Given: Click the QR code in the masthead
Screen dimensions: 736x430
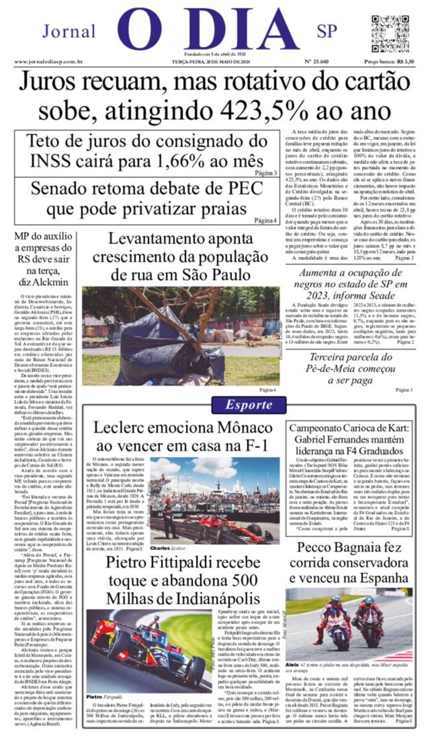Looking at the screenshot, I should [390, 34].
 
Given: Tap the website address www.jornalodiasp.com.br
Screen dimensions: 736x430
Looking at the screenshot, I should [48, 62].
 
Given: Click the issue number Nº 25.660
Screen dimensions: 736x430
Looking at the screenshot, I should [317, 62].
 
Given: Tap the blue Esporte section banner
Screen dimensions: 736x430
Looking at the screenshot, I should [249, 405].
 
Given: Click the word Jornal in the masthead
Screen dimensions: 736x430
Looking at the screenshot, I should [69, 31].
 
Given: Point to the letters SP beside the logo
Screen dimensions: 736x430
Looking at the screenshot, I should [327, 31].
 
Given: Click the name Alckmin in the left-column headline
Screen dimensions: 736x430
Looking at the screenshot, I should [49, 282].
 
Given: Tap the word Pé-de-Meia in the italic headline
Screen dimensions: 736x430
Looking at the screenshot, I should [332, 369].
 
